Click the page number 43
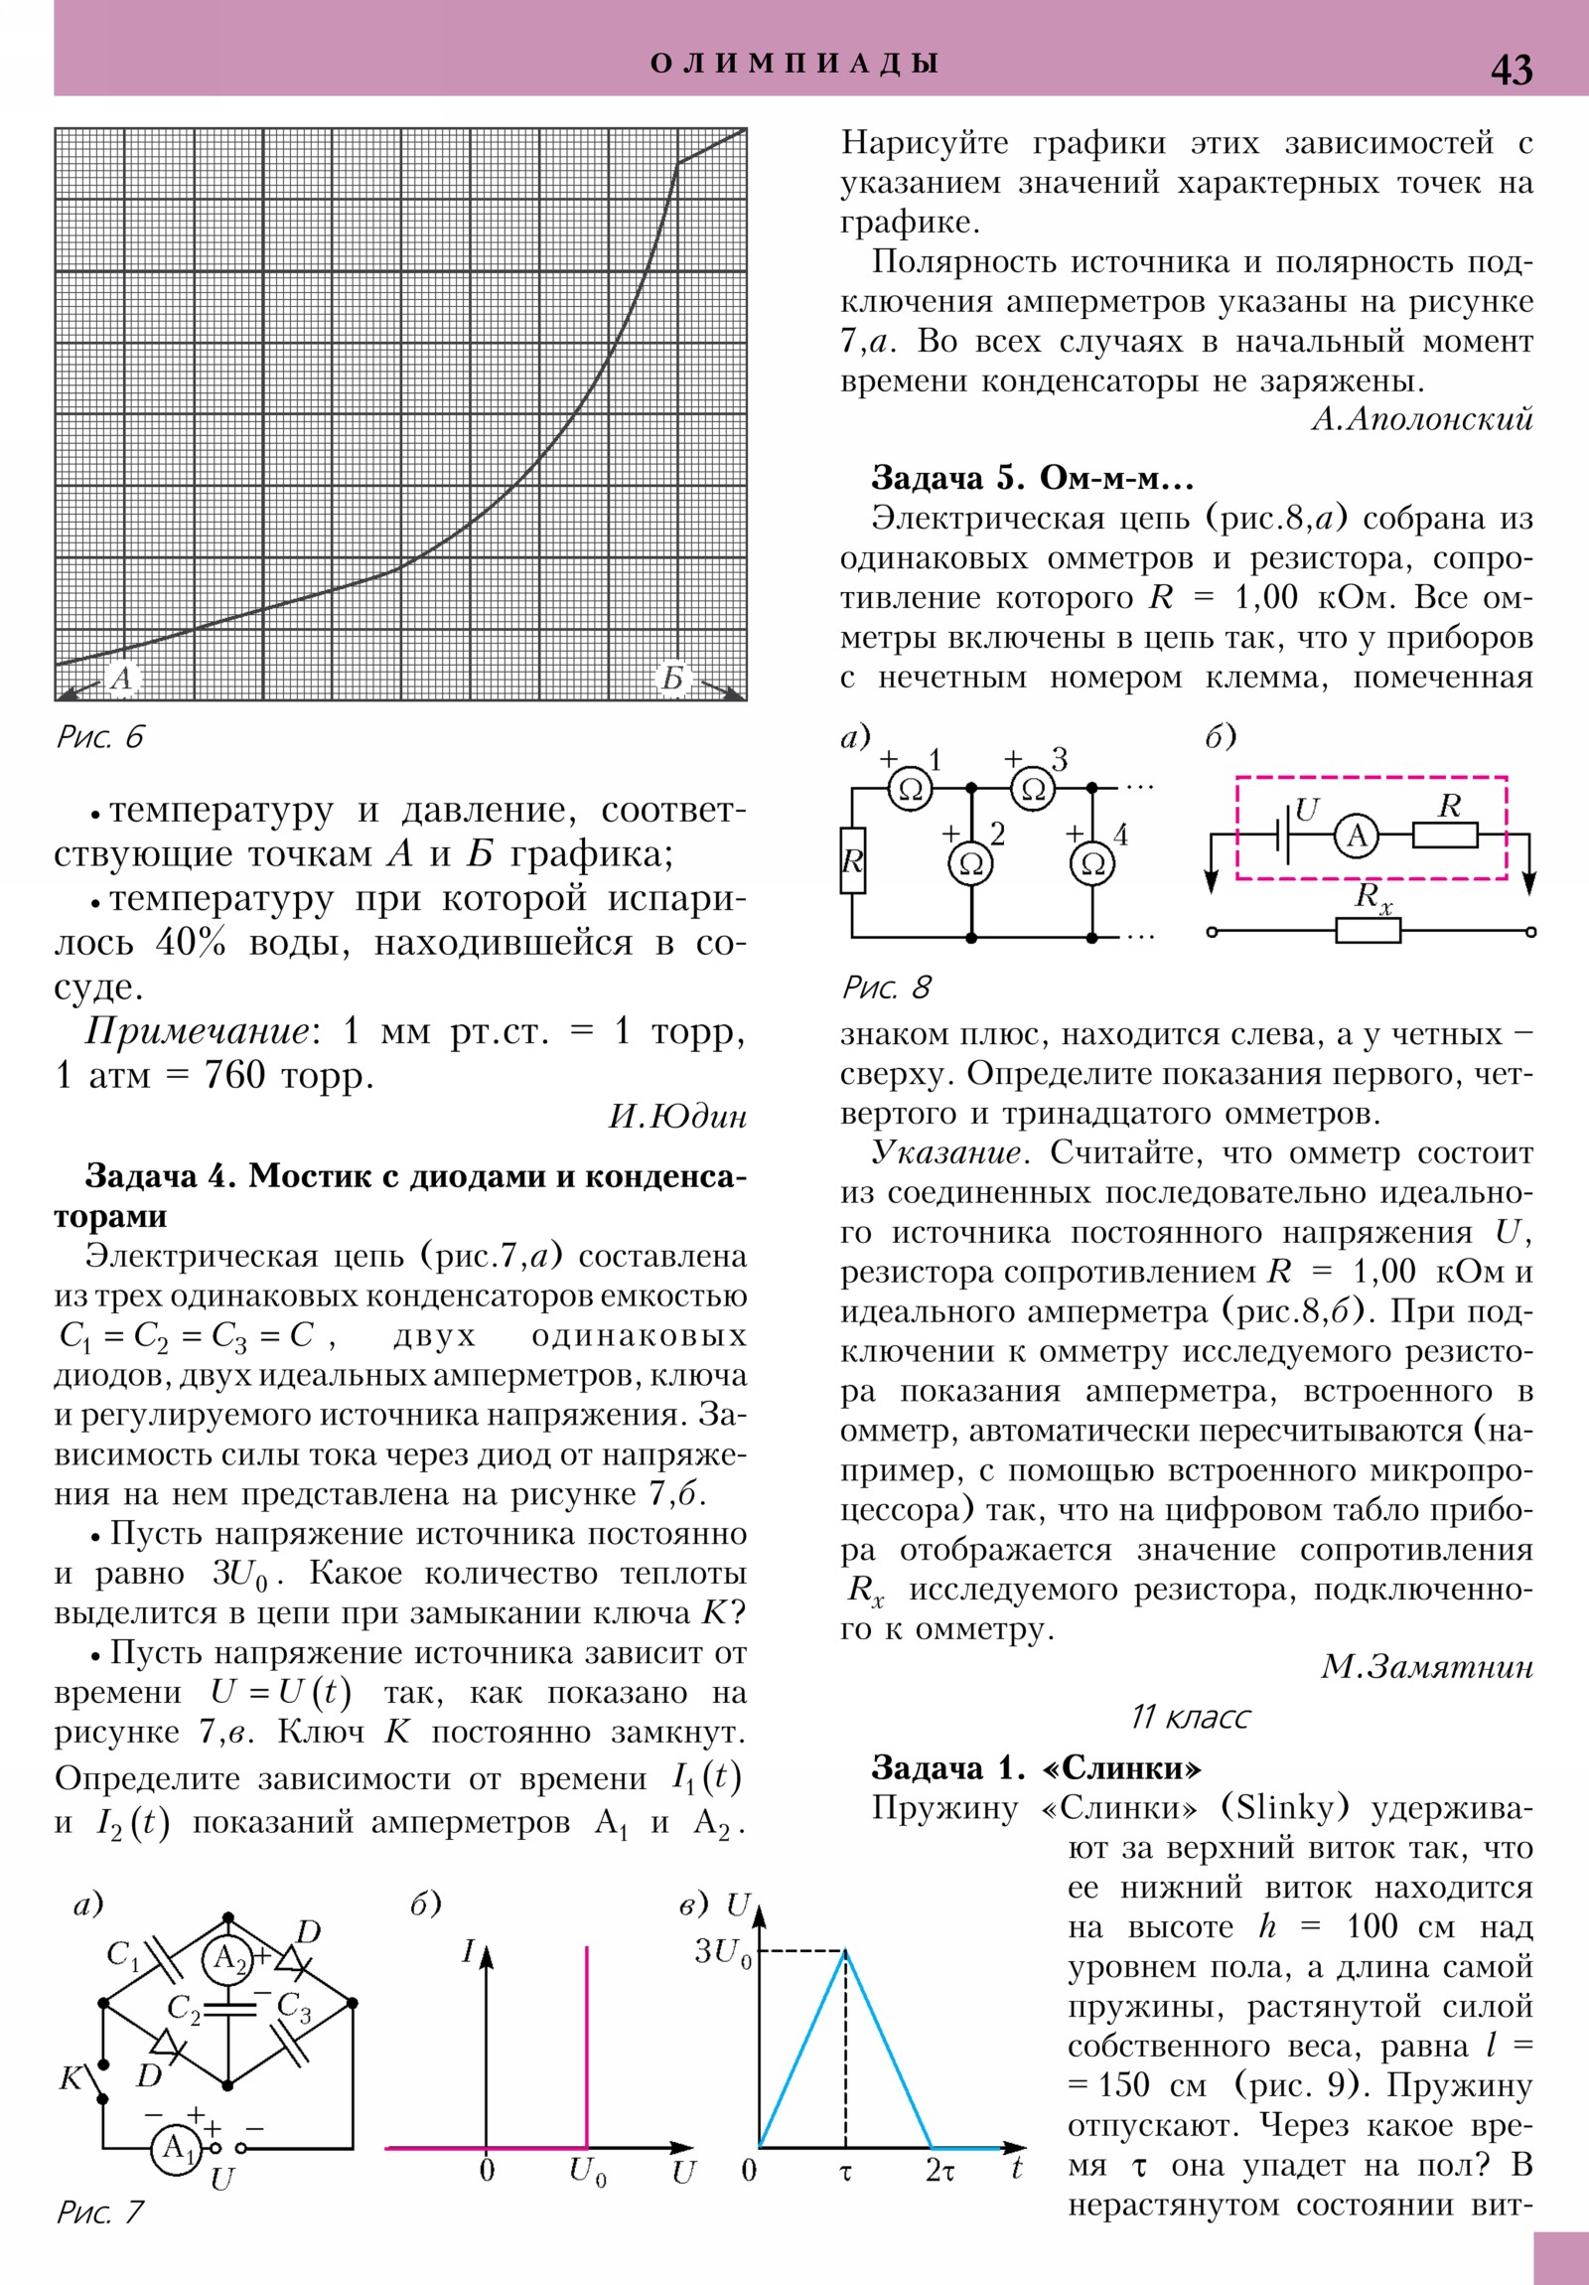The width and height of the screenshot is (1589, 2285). coord(1511,70)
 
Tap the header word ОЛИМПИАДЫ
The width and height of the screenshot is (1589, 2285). coord(794,64)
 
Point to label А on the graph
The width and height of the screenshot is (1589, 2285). coord(120,679)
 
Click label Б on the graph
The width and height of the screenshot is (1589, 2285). coord(673,679)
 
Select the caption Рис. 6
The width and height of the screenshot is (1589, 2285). coord(99,737)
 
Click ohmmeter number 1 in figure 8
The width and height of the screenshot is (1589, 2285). coord(910,789)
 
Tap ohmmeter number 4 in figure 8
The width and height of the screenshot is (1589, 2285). coord(1091,864)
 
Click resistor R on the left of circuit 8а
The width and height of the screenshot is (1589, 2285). coord(852,860)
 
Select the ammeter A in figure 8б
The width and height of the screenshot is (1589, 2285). coord(1358,836)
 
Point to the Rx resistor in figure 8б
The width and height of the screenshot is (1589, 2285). coord(1368,931)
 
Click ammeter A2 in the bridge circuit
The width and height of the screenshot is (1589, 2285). coord(227,1958)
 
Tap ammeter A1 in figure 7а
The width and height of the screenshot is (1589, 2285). coord(176,2148)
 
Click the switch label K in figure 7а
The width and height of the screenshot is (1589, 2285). coord(72,2079)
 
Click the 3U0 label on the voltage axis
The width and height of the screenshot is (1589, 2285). coord(722,1952)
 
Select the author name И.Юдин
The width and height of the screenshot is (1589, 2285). coord(676,1117)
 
